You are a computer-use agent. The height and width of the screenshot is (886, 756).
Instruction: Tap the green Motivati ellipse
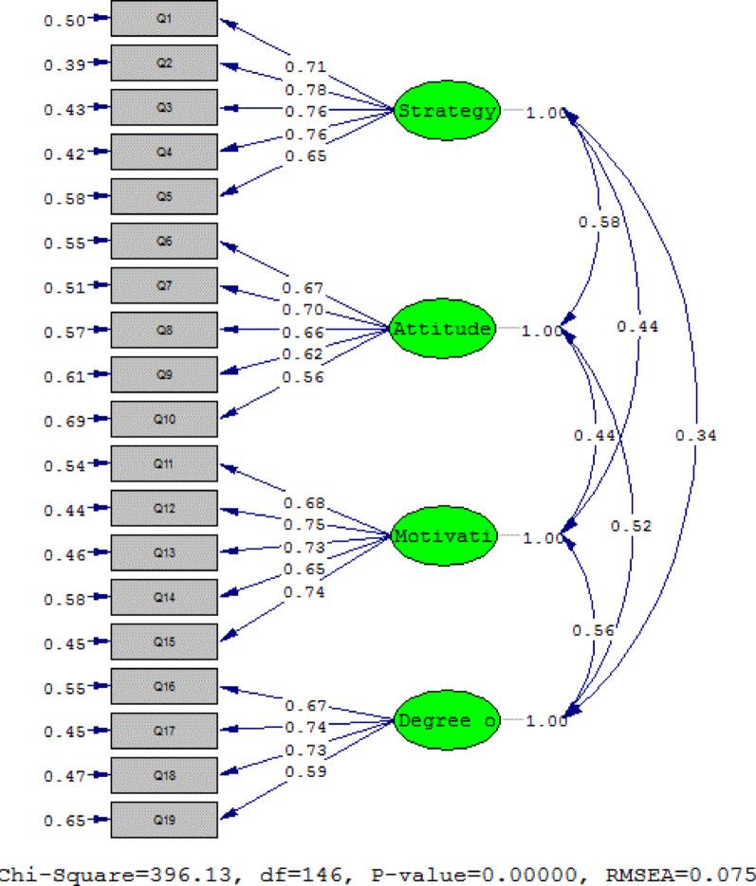445,537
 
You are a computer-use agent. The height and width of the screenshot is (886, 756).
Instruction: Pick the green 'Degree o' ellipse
445,721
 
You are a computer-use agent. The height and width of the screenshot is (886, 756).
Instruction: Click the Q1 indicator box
165,20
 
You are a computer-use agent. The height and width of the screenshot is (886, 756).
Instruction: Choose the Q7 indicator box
165,286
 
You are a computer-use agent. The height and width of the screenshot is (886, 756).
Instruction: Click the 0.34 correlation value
695,436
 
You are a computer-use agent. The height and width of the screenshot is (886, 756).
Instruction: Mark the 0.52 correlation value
632,526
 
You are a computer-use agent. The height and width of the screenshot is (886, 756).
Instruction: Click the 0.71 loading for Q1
306,68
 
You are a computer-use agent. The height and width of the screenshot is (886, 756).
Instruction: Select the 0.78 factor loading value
306,90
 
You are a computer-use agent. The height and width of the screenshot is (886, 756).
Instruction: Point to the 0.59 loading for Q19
306,771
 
